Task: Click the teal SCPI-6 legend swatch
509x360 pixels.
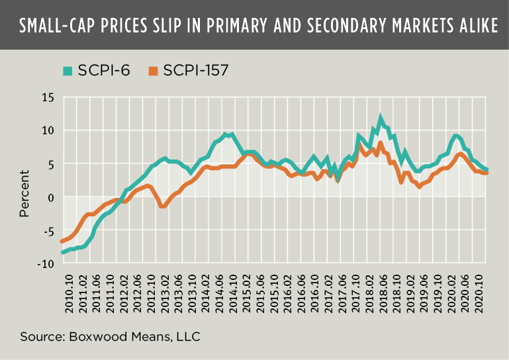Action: point(66,69)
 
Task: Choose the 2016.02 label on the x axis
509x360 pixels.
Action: point(289,289)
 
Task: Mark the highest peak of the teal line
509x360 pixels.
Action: point(381,118)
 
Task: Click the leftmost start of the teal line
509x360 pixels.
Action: point(63,252)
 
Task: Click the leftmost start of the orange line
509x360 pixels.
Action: point(62,241)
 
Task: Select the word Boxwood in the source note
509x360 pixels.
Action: point(93,337)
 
